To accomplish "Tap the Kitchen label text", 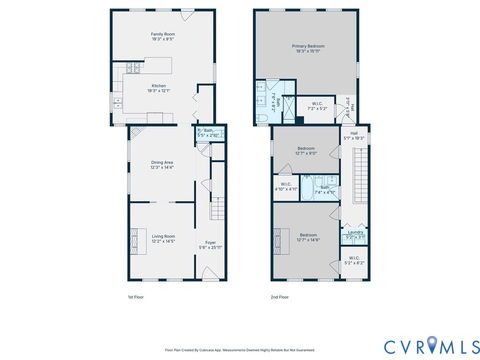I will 158,88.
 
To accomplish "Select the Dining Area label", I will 162,165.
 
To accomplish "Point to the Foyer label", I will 210,244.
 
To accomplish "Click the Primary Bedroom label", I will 308,48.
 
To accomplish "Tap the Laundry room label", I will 354,235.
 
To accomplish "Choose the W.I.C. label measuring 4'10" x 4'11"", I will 285,186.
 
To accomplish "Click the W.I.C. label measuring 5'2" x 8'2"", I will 355,261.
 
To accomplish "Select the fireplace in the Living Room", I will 132,241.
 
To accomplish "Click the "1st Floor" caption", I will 136,297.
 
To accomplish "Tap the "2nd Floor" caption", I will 280,297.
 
